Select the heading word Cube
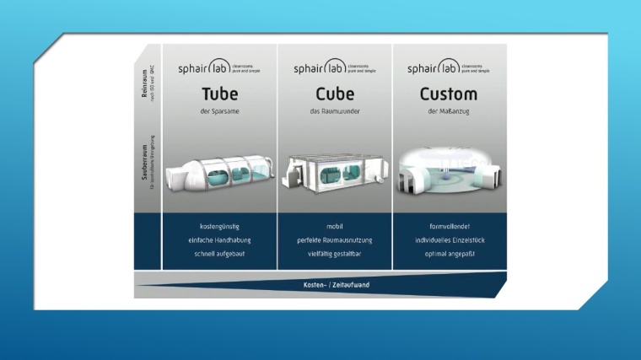coord(334,94)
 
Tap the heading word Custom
coord(448,94)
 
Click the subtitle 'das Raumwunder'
coord(334,111)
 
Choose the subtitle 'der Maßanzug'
coord(448,111)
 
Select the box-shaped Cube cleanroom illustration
coord(334,174)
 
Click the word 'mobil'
coord(334,227)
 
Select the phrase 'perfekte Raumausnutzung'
coord(334,240)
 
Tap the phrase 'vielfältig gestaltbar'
coord(334,254)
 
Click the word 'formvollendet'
coord(448,227)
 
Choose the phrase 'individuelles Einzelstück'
coord(448,240)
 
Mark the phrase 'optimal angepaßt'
coord(448,254)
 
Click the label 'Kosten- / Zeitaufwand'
coord(336,285)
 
